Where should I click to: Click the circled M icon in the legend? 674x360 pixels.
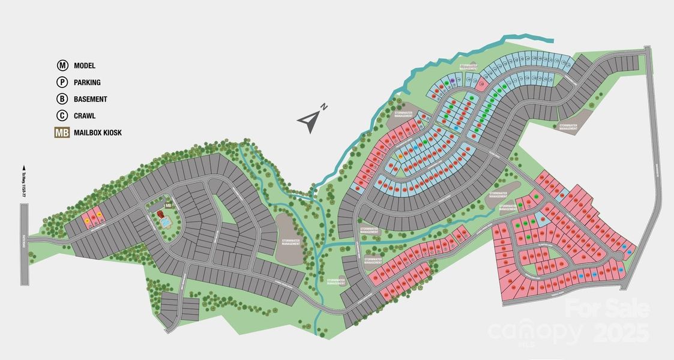tap(62, 65)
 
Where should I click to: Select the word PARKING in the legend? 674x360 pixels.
tap(87, 82)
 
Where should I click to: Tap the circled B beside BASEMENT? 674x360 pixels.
tap(62, 99)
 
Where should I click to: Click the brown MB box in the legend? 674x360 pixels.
tap(62, 133)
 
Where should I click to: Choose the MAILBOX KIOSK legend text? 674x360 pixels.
tap(97, 133)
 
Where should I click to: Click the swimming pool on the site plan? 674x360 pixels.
tap(164, 221)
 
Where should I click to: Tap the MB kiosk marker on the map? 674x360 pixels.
tap(169, 205)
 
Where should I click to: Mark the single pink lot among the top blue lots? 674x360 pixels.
tap(481, 82)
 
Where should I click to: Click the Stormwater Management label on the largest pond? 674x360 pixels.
tap(290, 241)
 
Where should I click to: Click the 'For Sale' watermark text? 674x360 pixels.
tap(607, 309)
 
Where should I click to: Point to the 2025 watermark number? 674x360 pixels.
tap(621, 332)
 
